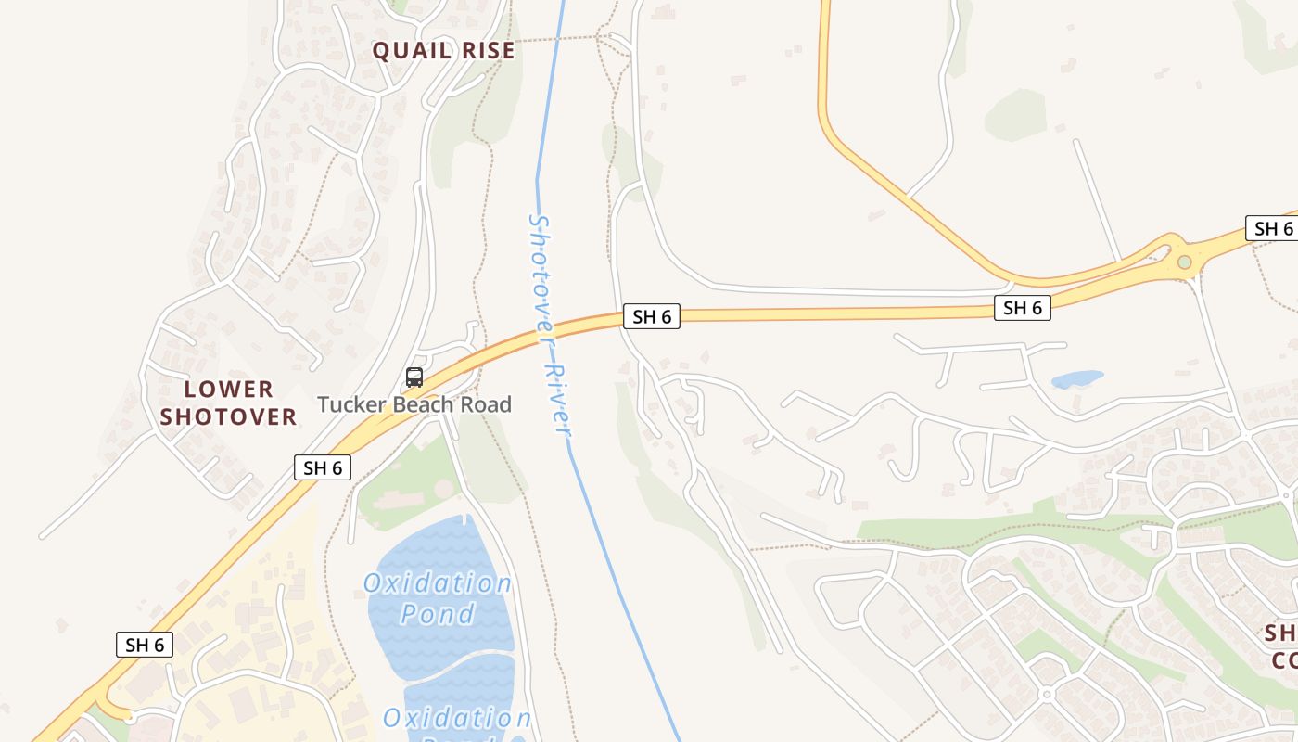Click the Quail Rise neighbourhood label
point(443,50)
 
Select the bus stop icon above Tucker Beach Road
point(414,377)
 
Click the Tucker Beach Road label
point(414,404)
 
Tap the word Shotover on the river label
point(541,274)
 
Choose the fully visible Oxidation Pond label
point(438,598)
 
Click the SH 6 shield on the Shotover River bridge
point(652,316)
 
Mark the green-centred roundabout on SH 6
point(1184,262)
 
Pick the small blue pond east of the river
point(1077,379)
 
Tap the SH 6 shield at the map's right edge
point(1272,228)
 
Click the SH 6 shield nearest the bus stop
point(323,467)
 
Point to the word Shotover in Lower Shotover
point(228,416)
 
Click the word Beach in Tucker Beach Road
point(426,404)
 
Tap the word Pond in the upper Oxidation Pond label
point(438,614)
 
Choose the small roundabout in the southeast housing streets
point(1047,694)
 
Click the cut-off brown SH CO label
point(1281,646)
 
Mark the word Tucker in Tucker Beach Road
point(351,404)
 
